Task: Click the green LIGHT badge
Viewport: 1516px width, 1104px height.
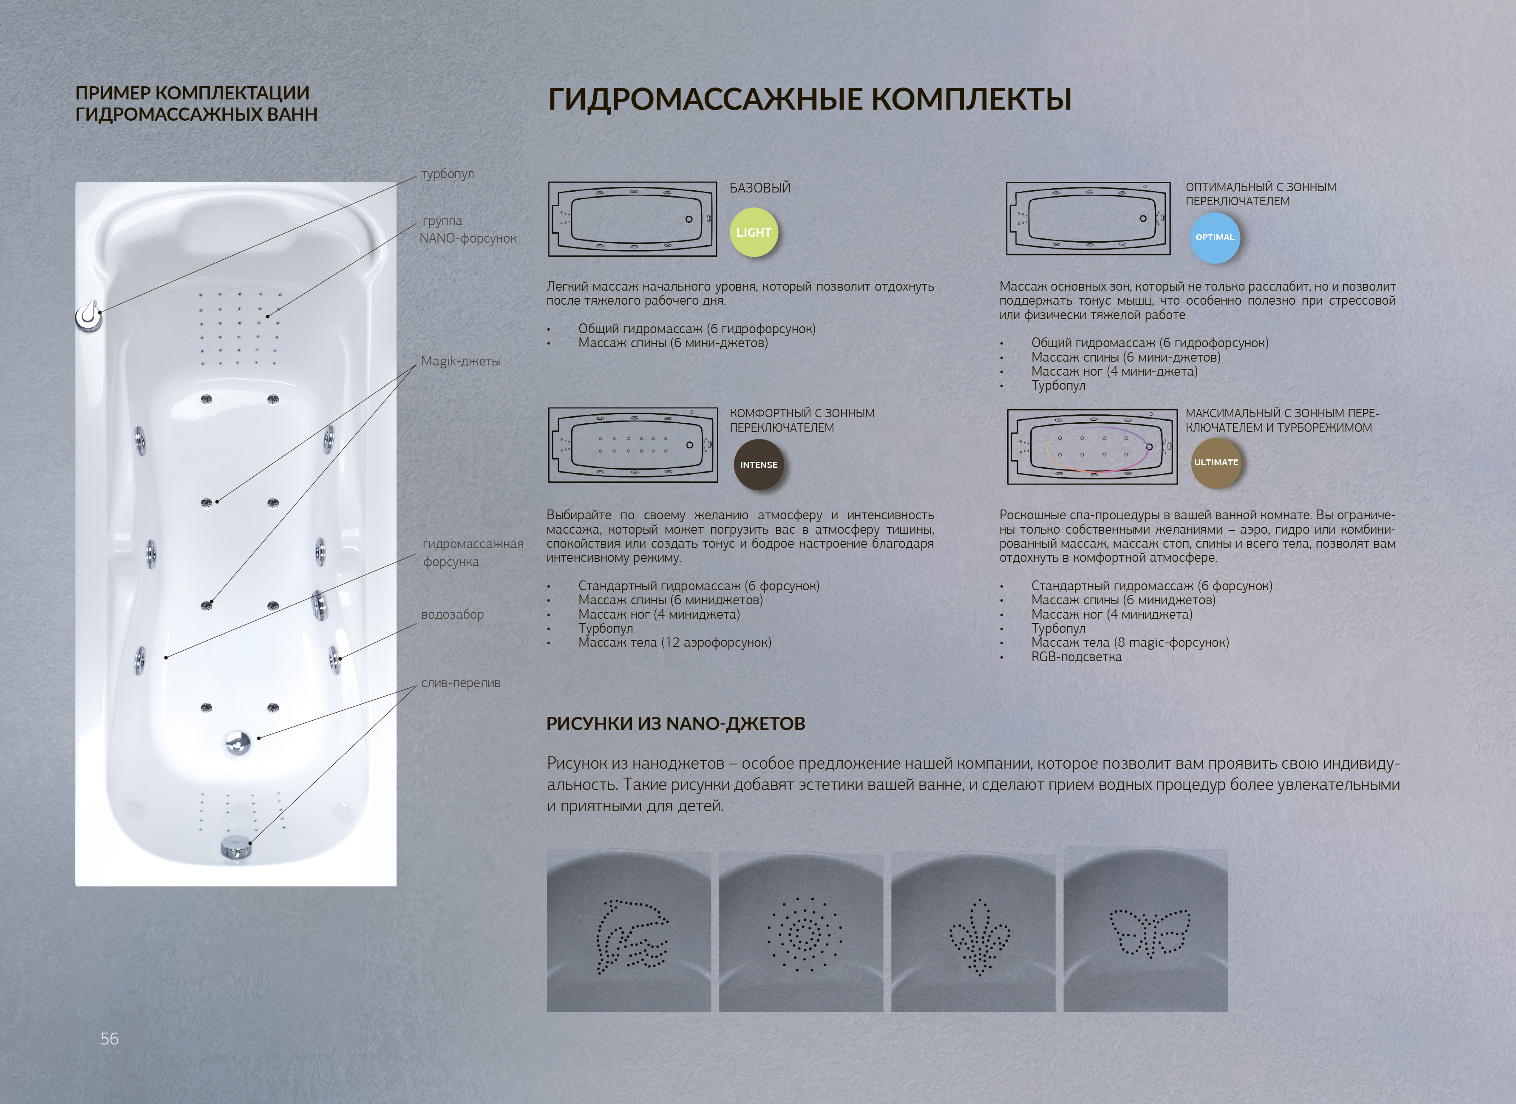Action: pyautogui.click(x=753, y=232)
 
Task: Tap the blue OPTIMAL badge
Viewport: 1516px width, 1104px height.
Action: pyautogui.click(x=1215, y=237)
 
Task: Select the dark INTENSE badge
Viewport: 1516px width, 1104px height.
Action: pyautogui.click(x=759, y=464)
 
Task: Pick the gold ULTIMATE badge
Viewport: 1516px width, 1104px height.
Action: pyautogui.click(x=1216, y=462)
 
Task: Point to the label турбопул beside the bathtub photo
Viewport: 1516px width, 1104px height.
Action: pyautogui.click(x=447, y=174)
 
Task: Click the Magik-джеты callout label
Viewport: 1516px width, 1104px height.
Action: pyautogui.click(x=461, y=361)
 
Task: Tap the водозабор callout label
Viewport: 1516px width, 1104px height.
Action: pyautogui.click(x=453, y=614)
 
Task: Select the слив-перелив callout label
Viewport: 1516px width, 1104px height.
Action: pyautogui.click(x=461, y=683)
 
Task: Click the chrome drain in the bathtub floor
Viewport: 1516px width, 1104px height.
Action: pyautogui.click(x=237, y=742)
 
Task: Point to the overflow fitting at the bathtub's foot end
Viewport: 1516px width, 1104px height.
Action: pyautogui.click(x=235, y=847)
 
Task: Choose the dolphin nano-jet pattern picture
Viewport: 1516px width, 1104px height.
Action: pyautogui.click(x=628, y=930)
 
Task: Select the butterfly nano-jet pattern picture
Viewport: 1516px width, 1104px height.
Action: pyautogui.click(x=1146, y=930)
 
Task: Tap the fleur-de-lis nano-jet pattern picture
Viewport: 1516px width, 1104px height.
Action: pyautogui.click(x=973, y=930)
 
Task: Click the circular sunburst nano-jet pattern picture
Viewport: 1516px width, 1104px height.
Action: pyautogui.click(x=801, y=930)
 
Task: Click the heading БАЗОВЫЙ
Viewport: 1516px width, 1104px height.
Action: pyautogui.click(x=760, y=188)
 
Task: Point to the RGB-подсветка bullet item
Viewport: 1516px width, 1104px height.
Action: pyautogui.click(x=1076, y=657)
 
